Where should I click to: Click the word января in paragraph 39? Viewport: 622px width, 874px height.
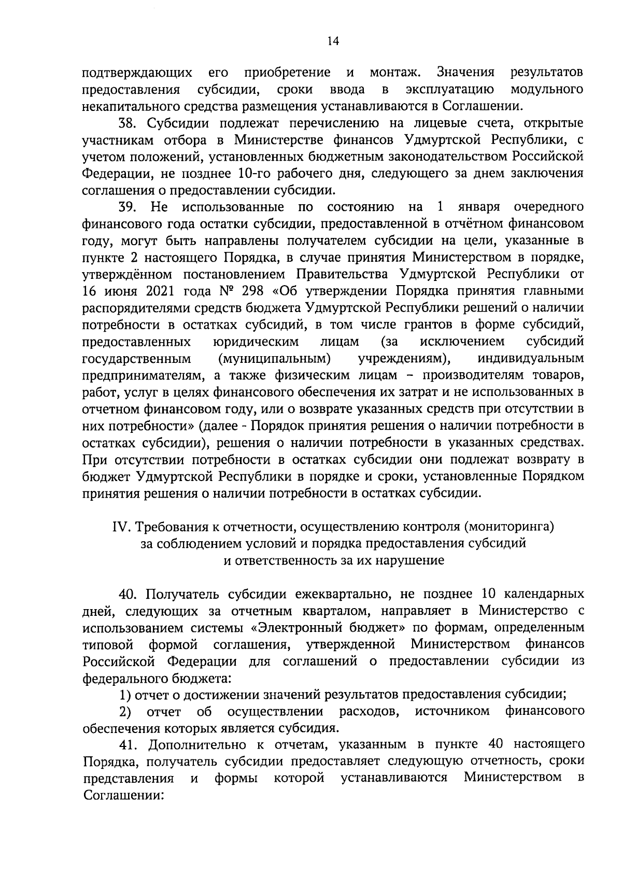(x=478, y=207)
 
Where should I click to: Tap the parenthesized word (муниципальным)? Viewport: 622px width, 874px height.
(x=275, y=359)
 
